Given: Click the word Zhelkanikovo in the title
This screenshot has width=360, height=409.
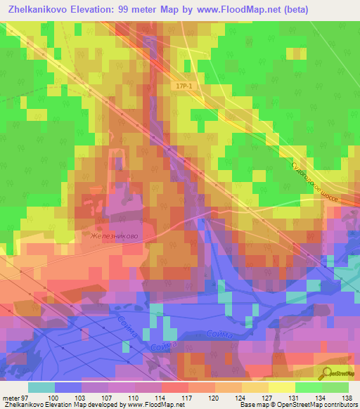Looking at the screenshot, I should (x=44, y=11).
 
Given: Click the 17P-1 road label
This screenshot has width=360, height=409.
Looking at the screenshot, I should (x=184, y=85).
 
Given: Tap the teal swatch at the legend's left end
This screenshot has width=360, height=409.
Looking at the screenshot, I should (x=41, y=387).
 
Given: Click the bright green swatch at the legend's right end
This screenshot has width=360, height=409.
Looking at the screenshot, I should (x=335, y=387).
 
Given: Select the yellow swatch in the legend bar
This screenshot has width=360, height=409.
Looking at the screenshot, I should (x=282, y=387).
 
